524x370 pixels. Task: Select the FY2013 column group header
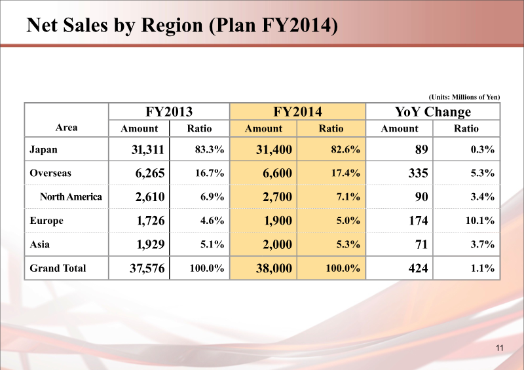[x=168, y=111]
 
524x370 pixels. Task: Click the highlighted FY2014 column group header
[x=297, y=111]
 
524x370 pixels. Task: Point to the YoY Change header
[x=433, y=111]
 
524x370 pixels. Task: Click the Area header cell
[x=66, y=127]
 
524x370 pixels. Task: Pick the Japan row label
[x=44, y=149]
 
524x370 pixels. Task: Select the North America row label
[x=71, y=196]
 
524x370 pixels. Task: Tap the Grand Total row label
[x=58, y=267]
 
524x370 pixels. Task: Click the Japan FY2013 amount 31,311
[x=147, y=150]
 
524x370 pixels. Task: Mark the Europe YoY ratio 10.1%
[x=479, y=221]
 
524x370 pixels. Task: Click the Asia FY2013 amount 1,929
[x=149, y=244]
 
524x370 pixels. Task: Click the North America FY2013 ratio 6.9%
[x=212, y=197]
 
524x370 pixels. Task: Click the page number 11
[x=499, y=347]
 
